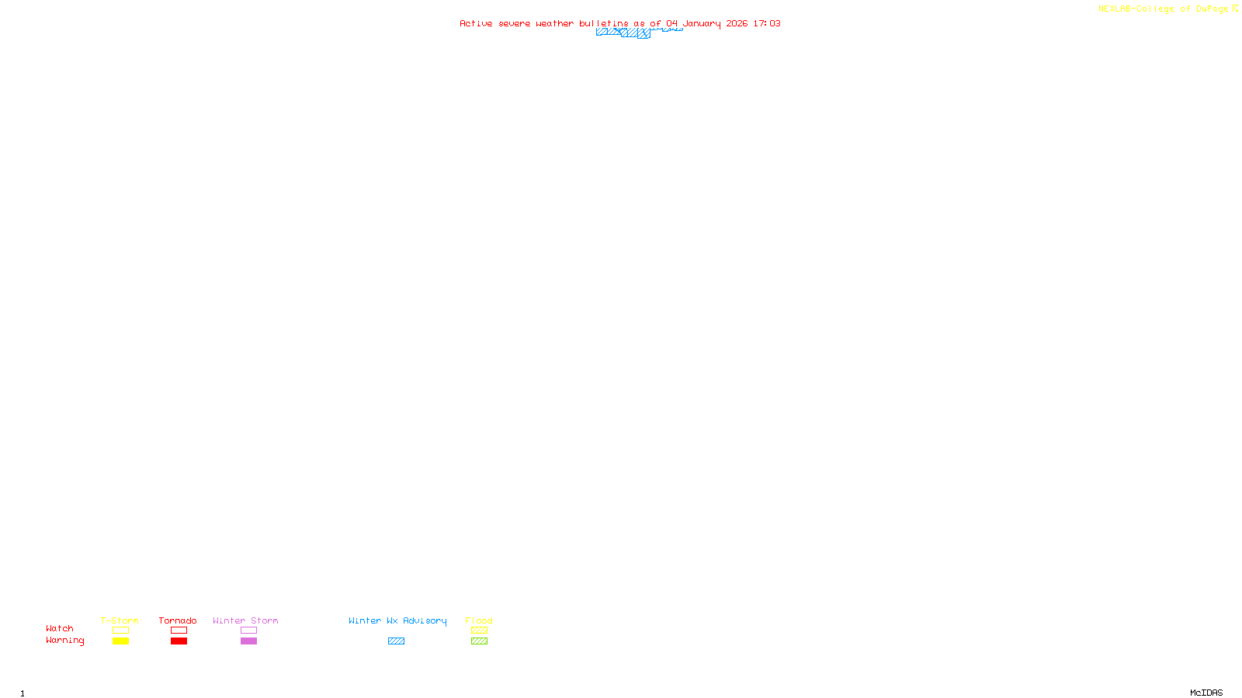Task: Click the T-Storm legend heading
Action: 120,620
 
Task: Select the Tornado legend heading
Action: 178,620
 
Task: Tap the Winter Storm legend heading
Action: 245,620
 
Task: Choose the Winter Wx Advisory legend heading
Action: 397,620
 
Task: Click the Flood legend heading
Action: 479,620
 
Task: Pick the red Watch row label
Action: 60,628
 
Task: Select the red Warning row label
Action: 65,641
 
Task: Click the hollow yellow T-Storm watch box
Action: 120,631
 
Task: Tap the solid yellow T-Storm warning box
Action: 120,641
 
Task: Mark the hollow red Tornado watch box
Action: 179,631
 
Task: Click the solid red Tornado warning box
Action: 179,641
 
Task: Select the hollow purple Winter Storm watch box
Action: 248,631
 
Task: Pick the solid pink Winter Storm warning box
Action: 248,641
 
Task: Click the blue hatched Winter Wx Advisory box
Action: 396,641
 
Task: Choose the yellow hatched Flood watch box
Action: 479,631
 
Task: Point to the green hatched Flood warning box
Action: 479,641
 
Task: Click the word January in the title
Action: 702,23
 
